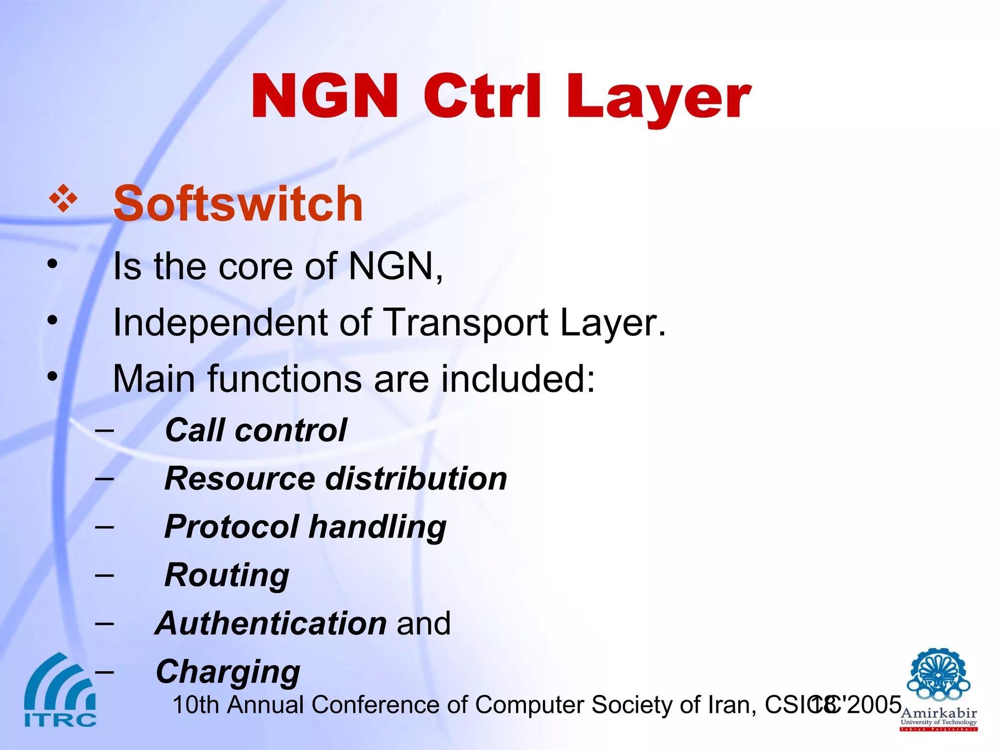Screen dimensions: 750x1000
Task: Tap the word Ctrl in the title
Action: click(x=482, y=96)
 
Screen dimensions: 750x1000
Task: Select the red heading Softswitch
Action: click(x=238, y=204)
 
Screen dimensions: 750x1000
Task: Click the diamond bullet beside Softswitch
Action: click(x=63, y=199)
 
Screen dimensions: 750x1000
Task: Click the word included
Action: click(x=518, y=379)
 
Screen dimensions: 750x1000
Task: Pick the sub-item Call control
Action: click(x=256, y=430)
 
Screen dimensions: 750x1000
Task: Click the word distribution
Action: click(x=416, y=479)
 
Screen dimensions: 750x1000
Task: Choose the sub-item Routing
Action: click(x=227, y=575)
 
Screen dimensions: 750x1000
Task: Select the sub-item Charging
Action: click(x=228, y=672)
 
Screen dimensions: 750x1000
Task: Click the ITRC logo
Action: click(x=60, y=691)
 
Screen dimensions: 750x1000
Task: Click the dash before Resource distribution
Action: click(x=104, y=479)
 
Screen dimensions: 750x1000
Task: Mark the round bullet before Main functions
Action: click(x=52, y=376)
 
